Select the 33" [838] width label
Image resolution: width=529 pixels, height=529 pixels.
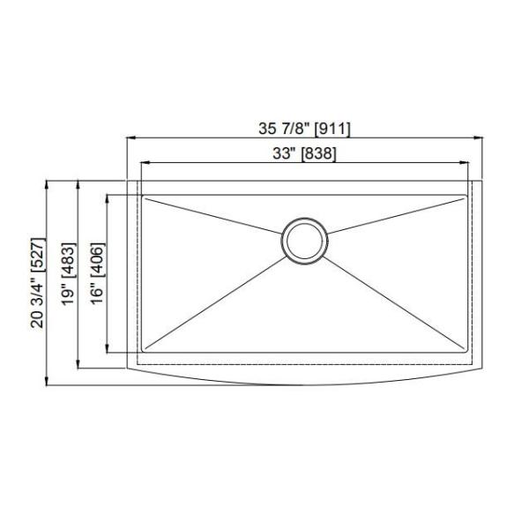click(304, 153)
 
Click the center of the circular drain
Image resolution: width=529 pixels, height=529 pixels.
click(304, 239)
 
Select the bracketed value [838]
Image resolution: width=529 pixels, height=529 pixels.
click(318, 153)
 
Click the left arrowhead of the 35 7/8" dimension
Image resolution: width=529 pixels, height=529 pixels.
click(131, 138)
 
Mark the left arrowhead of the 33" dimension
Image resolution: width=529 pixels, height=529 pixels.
click(143, 163)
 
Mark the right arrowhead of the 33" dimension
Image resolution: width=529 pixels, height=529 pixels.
click(466, 163)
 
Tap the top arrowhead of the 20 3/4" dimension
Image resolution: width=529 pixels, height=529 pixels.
click(48, 183)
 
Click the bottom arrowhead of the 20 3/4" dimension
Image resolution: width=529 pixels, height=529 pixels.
click(48, 382)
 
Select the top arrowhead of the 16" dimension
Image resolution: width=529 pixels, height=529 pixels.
click(108, 198)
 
